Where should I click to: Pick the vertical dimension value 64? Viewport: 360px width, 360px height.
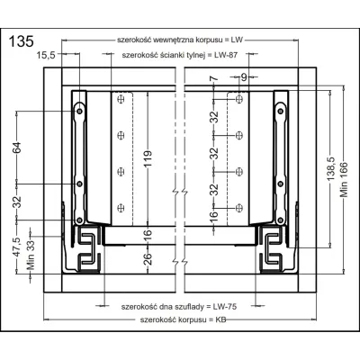click(16, 147)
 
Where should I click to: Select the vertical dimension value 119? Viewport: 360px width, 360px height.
click(148, 161)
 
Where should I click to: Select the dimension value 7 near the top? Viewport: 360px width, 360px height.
click(213, 81)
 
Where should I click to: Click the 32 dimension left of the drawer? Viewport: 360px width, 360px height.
click(16, 202)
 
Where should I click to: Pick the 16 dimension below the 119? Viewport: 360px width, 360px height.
click(148, 236)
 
